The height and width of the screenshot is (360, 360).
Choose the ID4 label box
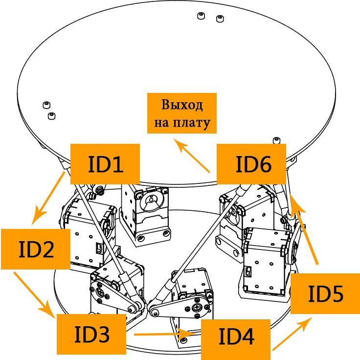236,337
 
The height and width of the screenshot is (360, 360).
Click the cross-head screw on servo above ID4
198,308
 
